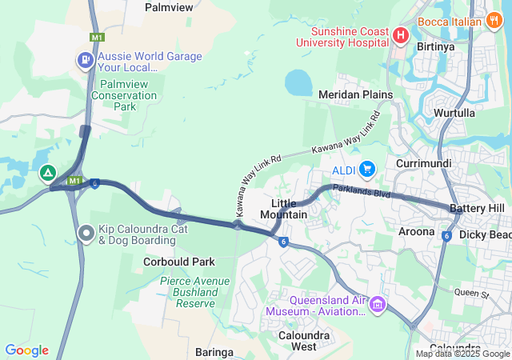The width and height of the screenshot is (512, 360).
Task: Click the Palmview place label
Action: coord(170,7)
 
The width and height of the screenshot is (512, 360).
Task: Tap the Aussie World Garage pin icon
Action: coord(85,61)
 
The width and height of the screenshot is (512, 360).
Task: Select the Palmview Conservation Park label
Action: coord(124,94)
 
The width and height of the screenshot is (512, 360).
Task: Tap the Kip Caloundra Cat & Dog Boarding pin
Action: coord(86,233)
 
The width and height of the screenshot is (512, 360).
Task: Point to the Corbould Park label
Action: coord(179,262)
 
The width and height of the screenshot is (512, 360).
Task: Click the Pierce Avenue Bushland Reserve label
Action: coord(194,292)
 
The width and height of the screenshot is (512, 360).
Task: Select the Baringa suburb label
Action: coord(214,351)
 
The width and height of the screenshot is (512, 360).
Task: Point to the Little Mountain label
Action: coord(284,209)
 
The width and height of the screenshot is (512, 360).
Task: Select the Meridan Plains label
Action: coord(356,94)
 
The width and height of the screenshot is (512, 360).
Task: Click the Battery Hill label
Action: coord(477,208)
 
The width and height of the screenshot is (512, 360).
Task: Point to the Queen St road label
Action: coord(471,294)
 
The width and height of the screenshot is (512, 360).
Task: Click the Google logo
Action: coord(26,350)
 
